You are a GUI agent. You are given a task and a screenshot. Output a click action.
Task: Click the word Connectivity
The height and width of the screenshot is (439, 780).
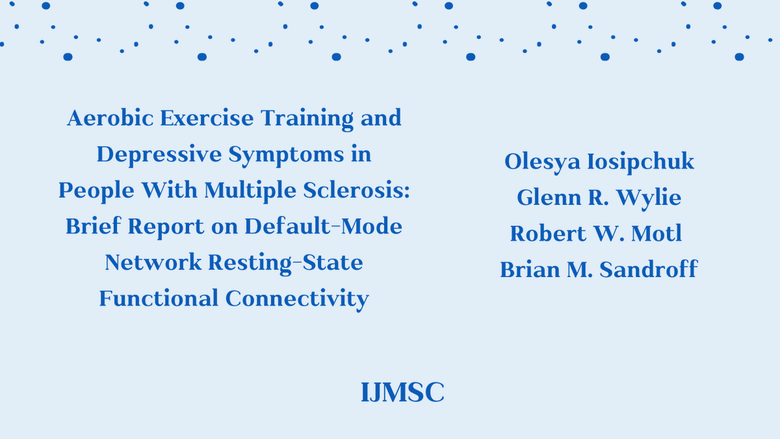pos(298,299)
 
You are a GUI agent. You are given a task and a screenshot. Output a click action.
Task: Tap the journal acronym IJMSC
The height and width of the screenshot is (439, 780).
pos(402,393)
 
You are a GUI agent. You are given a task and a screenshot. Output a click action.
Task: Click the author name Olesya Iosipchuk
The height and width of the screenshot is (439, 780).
pos(599,162)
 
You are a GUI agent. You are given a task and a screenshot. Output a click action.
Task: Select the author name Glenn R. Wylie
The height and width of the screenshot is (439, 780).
pos(599,198)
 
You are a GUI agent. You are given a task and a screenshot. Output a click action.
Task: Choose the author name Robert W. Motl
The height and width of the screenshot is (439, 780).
pos(596,233)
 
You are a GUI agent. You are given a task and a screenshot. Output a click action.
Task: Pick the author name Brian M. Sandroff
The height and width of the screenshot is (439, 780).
pos(599,269)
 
